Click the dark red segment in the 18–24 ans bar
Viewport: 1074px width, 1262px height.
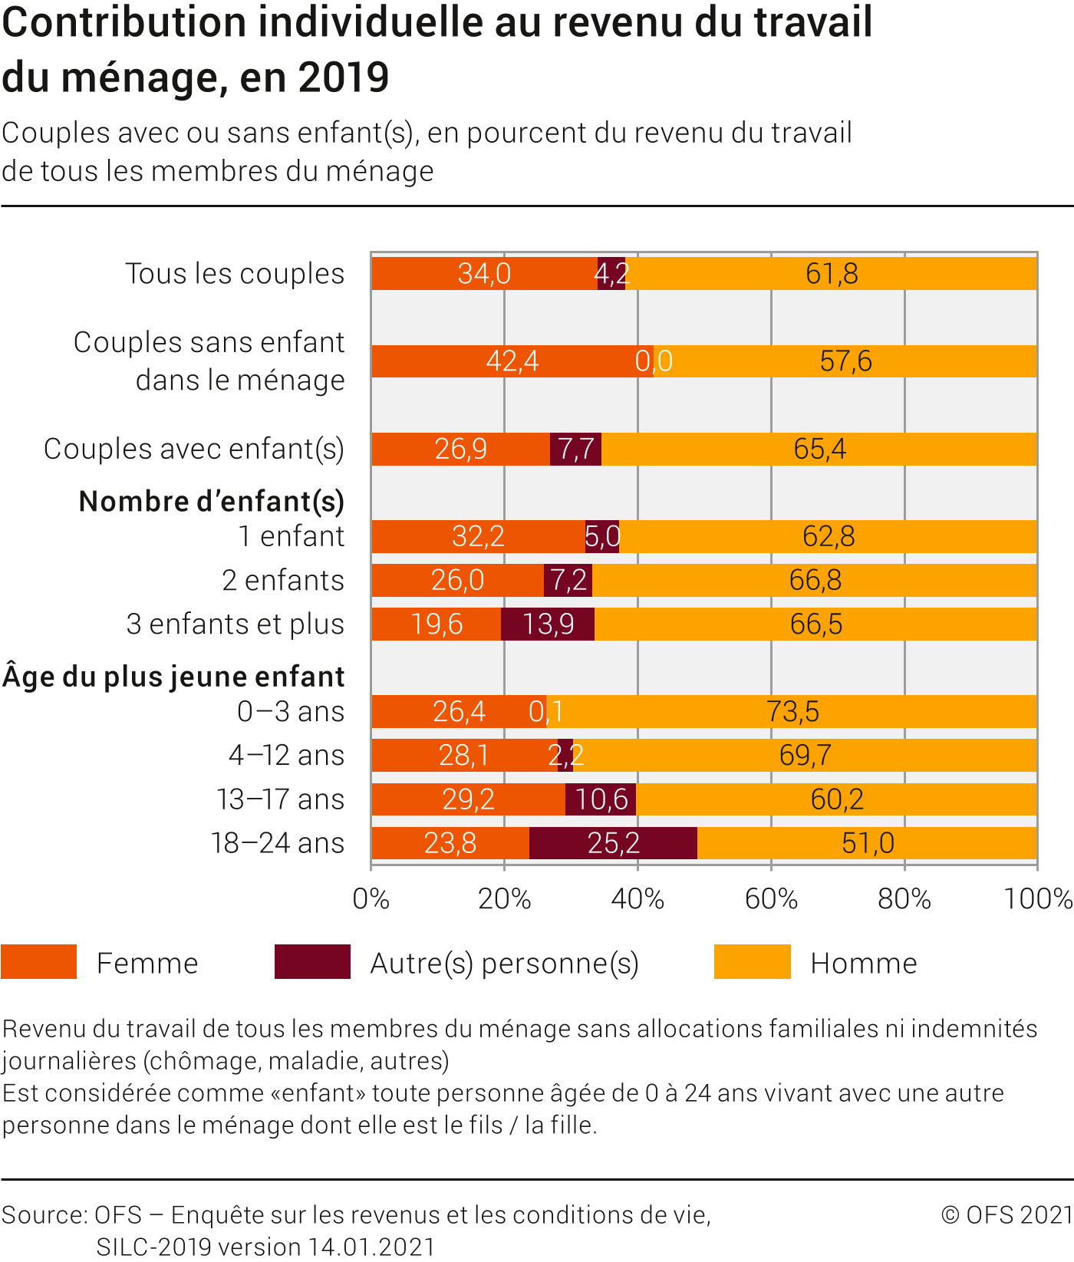613,843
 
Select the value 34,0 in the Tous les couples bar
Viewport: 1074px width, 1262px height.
484,274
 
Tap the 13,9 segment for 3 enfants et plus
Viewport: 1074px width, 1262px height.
548,624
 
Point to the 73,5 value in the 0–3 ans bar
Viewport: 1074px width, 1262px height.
792,712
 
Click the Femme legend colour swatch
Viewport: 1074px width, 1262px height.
39,962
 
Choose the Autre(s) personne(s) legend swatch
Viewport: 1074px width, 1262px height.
312,962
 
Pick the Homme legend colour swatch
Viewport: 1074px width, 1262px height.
752,962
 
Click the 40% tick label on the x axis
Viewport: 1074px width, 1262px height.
637,899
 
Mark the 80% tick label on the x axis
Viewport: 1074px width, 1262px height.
904,899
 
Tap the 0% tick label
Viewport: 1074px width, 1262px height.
371,899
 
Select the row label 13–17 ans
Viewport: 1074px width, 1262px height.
280,799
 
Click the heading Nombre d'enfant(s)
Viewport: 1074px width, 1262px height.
212,502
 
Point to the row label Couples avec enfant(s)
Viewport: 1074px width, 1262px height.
194,449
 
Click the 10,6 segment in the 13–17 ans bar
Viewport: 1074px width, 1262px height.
601,799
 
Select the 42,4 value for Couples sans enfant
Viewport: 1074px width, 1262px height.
512,361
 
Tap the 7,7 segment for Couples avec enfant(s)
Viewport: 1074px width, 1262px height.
575,449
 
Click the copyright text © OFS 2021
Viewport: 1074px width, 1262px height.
1006,1215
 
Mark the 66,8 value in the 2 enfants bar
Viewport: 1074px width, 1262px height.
815,581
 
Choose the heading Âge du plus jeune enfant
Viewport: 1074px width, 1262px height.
174,677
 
